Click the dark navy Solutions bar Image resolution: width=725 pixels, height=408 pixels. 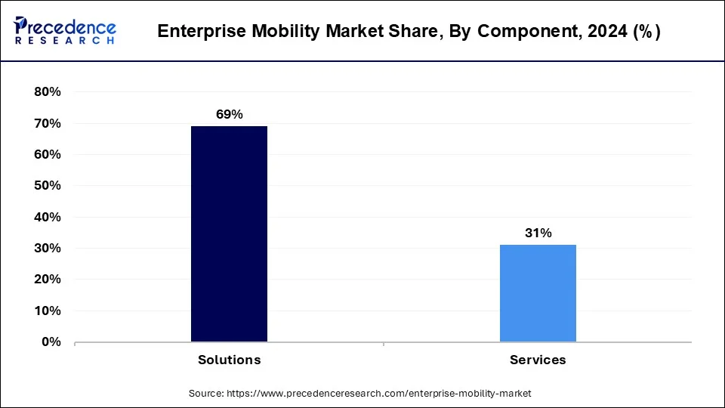[229, 233]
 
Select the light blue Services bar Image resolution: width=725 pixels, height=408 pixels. [538, 292]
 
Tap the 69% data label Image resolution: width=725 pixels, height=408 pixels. [229, 115]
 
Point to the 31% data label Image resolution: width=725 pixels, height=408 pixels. [538, 233]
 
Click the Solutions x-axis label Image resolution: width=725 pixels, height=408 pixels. [229, 360]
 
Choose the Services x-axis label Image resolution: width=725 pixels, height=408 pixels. [538, 360]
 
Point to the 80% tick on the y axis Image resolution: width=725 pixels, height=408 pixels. [47, 92]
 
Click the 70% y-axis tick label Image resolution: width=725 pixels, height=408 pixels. [47, 123]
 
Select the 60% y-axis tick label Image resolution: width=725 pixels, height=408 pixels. [47, 155]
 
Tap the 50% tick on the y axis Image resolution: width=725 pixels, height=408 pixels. [47, 186]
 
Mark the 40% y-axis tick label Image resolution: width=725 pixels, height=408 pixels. [47, 218]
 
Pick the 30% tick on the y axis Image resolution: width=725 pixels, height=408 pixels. [47, 249]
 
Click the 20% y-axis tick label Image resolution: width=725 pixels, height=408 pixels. [47, 280]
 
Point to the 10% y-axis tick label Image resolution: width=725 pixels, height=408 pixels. [47, 311]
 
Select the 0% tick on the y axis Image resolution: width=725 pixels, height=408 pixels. [51, 342]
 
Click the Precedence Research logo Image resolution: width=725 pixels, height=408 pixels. [65, 31]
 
